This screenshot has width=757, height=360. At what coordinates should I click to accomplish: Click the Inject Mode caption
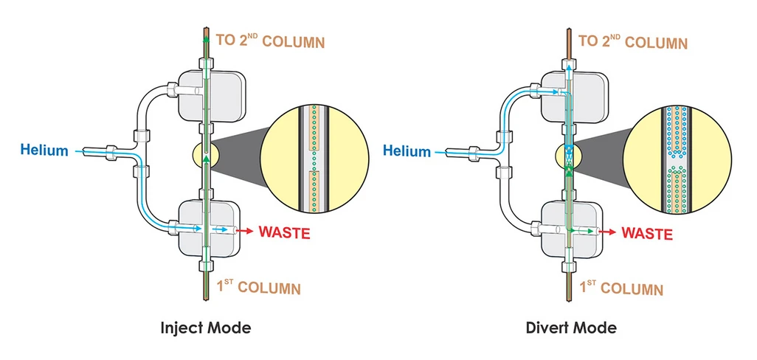(205, 328)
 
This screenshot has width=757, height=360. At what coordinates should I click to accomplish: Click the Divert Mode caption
(572, 327)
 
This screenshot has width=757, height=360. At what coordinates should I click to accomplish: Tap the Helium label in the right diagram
(406, 151)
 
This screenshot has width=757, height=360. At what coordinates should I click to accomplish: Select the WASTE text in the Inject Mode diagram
(284, 232)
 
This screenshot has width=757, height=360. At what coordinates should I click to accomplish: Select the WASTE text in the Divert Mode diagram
(647, 234)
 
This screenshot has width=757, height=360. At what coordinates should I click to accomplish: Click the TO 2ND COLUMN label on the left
(270, 41)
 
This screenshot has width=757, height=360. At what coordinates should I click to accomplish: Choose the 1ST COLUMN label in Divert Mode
(622, 288)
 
